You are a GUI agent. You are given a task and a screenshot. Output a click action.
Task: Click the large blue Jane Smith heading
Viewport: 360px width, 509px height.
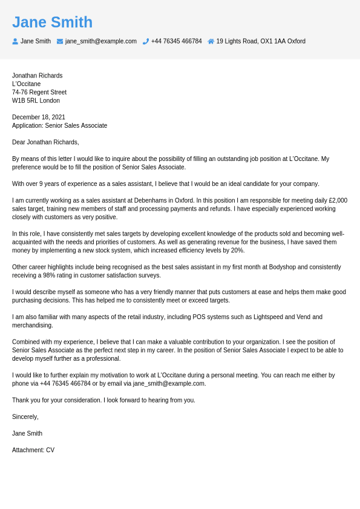tap(52, 22)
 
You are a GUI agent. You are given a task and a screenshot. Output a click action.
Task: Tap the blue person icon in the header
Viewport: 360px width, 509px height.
tap(15, 41)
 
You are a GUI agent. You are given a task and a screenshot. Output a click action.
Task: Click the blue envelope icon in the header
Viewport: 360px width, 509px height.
tap(60, 41)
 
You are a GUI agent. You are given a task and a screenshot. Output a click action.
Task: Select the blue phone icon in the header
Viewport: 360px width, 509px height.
tap(146, 41)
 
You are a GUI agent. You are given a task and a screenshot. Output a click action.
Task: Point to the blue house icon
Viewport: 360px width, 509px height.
tap(211, 41)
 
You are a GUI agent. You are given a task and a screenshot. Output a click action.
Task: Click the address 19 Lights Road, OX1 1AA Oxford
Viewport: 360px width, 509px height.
tap(261, 41)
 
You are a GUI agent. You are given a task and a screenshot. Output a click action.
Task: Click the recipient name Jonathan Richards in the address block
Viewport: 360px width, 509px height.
tap(37, 76)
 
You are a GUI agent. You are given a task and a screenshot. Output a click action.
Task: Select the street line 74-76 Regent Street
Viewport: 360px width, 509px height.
tap(39, 92)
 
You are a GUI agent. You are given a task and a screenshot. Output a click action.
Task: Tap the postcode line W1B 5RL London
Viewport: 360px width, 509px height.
tap(36, 100)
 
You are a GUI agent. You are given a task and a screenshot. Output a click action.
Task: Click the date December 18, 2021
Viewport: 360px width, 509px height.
tap(39, 117)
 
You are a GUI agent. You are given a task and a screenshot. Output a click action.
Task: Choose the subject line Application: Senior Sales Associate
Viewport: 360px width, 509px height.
tap(59, 126)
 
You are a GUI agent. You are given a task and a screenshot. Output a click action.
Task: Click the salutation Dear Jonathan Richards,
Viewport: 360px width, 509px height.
tap(45, 142)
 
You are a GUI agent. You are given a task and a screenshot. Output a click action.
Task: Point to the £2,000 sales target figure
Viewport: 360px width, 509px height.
tap(338, 200)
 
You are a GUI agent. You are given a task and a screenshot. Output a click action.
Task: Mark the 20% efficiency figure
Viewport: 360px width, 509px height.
tap(238, 251)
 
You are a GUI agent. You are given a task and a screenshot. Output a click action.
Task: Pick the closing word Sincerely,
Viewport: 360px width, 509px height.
tap(25, 417)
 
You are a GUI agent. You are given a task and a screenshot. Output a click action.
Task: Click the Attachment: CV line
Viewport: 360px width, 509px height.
tap(33, 450)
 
